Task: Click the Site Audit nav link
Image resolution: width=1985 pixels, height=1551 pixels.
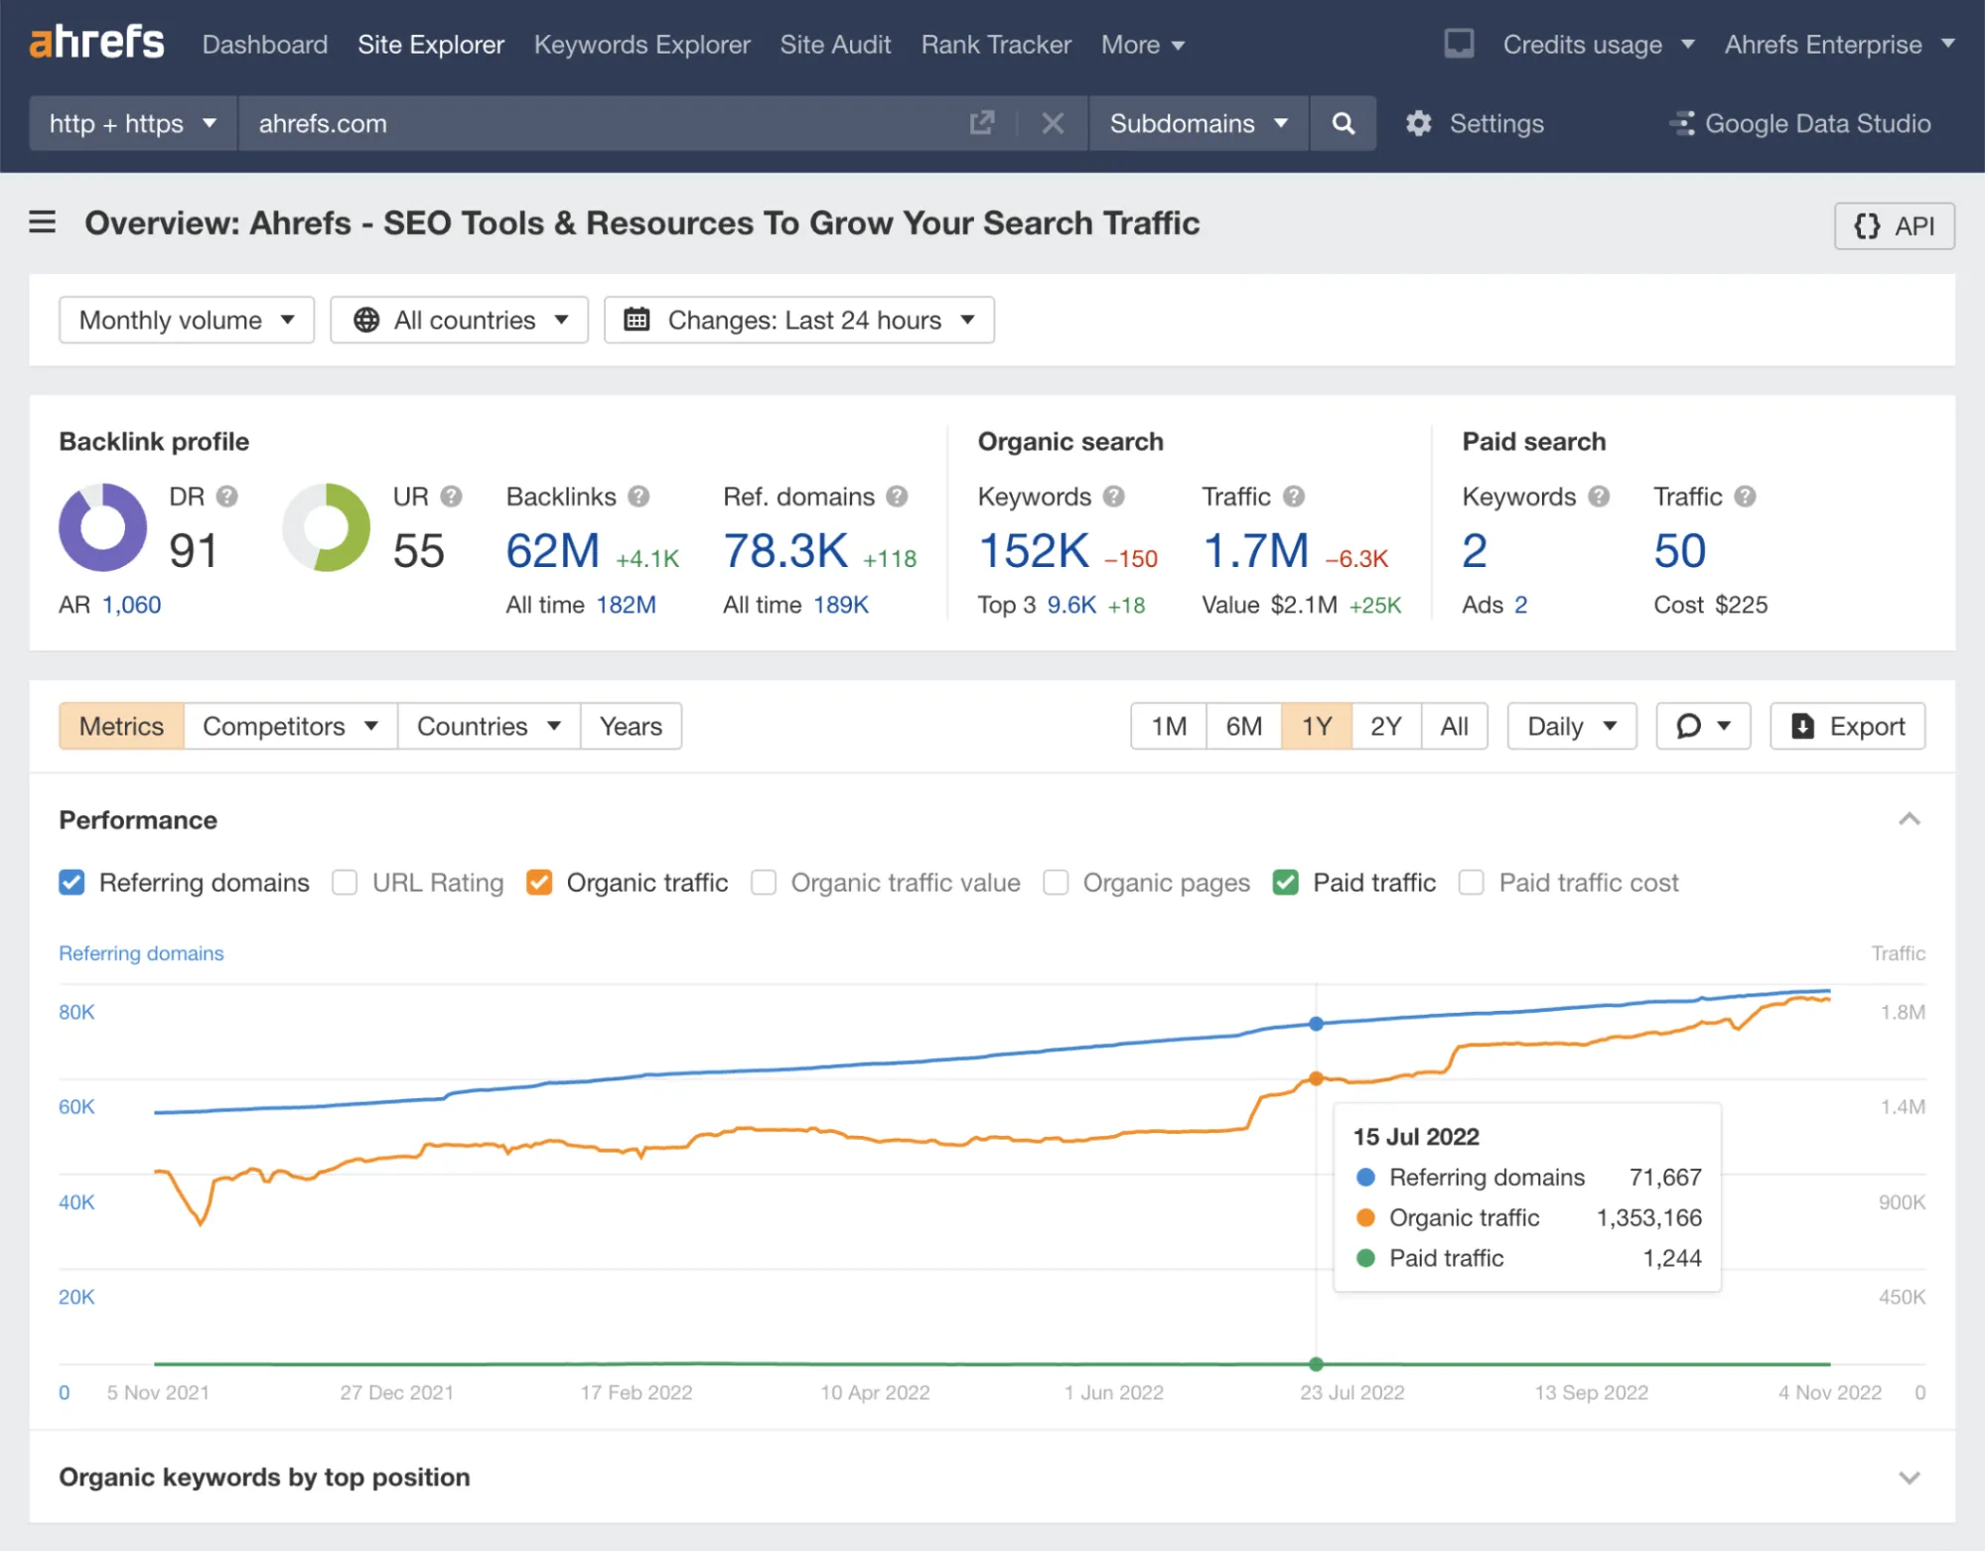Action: point(835,45)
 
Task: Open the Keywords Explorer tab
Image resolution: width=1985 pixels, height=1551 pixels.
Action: point(641,45)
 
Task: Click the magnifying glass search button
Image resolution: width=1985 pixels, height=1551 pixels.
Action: point(1343,123)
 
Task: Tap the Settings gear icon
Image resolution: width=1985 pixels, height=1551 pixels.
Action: point(1419,123)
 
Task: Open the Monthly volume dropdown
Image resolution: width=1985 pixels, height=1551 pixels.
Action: point(187,320)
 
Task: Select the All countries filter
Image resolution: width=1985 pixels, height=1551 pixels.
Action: point(460,320)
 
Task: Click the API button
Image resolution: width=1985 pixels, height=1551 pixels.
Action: point(1894,226)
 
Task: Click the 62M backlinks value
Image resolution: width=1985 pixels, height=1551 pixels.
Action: point(553,551)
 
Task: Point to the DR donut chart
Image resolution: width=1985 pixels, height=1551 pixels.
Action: point(102,527)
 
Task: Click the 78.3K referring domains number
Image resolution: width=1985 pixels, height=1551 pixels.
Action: point(784,551)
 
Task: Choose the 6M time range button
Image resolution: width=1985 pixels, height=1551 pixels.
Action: point(1243,726)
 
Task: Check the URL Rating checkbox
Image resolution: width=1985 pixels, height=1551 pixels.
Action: point(345,883)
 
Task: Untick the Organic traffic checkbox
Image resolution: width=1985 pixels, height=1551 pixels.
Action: point(539,883)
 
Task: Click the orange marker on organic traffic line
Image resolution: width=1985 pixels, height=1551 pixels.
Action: point(1316,1078)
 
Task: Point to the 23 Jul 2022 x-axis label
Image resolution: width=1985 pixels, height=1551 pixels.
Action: point(1351,1392)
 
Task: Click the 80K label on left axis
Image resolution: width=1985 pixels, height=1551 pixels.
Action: point(76,1012)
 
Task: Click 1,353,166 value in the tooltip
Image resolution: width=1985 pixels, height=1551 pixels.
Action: point(1648,1217)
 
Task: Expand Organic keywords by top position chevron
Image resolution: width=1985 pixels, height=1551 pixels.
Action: point(1909,1478)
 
